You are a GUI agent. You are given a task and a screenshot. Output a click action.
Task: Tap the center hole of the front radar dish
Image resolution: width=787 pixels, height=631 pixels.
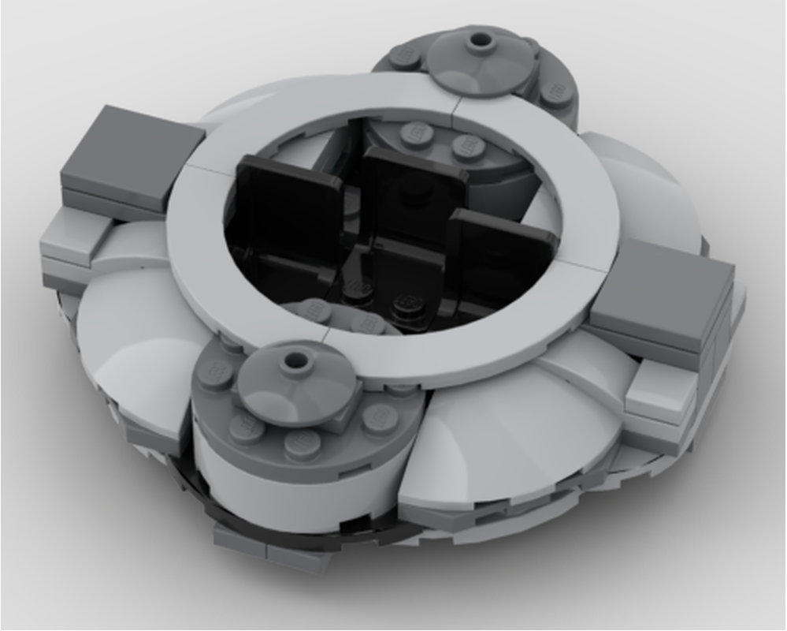(296, 360)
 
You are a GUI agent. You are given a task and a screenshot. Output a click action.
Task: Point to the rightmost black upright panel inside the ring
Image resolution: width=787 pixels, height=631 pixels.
(500, 252)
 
